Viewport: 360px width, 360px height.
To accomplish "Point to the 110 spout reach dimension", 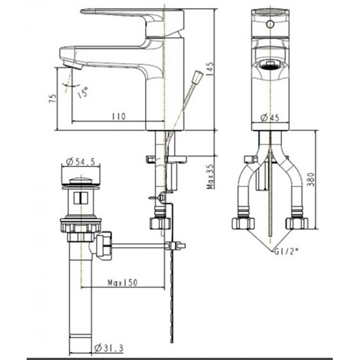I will tap(118, 118).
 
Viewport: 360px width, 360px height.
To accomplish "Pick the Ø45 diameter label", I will tap(271, 118).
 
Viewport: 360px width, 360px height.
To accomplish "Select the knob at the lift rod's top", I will tap(195, 76).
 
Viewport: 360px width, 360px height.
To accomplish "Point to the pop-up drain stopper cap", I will tap(79, 179).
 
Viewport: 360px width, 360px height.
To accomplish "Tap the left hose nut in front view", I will tap(242, 223).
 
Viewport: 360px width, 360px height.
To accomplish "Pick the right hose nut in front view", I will tap(297, 223).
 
